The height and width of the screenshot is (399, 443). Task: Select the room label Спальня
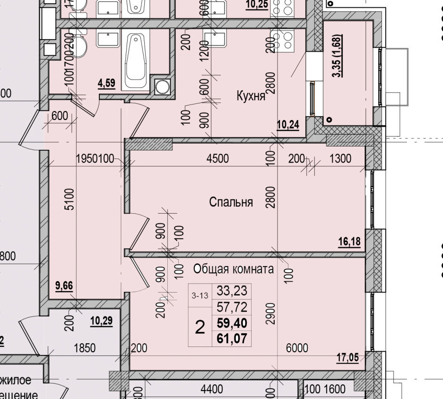pyautogui.click(x=231, y=202)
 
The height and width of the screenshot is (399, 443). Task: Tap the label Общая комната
pyautogui.click(x=234, y=269)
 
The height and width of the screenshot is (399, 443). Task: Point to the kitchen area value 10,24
pyautogui.click(x=288, y=124)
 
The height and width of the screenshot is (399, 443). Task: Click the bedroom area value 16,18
pyautogui.click(x=349, y=242)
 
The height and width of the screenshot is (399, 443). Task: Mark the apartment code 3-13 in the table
pyautogui.click(x=200, y=296)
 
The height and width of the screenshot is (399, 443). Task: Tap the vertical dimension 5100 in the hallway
pyautogui.click(x=69, y=199)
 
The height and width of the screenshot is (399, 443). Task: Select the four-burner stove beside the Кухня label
pyautogui.click(x=282, y=40)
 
